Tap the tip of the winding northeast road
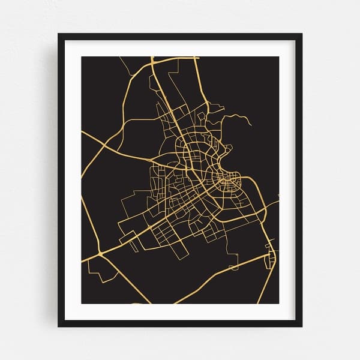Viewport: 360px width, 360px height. (x=251, y=125)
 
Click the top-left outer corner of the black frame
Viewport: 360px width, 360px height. (x=58, y=34)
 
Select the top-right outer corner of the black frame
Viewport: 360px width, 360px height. (x=302, y=34)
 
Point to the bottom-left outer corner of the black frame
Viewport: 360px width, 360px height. (x=58, y=327)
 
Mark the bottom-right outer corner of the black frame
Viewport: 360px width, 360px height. (x=302, y=327)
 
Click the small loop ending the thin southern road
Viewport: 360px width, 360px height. (x=234, y=264)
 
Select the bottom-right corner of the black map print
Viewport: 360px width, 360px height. (x=278, y=304)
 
